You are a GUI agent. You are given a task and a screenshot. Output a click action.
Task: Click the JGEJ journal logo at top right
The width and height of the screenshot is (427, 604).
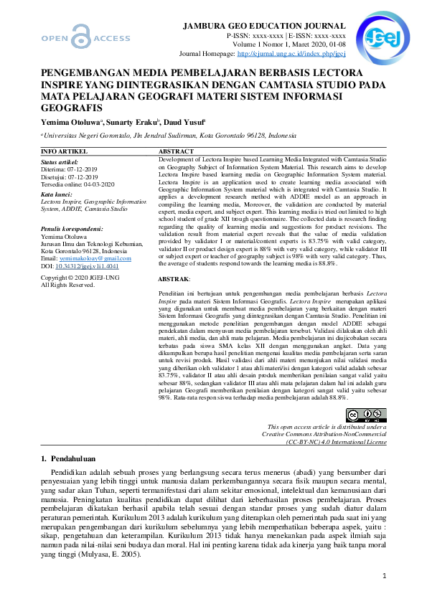coord(372,31)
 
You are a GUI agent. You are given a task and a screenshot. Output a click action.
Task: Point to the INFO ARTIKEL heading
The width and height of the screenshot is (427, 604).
coord(65,152)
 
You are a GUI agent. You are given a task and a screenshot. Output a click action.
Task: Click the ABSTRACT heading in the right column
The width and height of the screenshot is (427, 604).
coord(176,152)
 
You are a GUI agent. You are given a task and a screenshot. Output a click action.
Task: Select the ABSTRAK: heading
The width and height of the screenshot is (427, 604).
coord(174,278)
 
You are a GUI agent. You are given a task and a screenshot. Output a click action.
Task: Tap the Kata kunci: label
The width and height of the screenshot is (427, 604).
coord(56,194)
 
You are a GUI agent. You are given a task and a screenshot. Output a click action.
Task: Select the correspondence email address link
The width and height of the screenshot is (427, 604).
coord(87,258)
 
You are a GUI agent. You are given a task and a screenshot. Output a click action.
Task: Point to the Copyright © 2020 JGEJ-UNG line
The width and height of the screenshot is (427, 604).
coord(80,277)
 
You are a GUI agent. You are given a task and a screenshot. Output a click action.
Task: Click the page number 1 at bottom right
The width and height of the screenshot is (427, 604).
coord(384,575)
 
